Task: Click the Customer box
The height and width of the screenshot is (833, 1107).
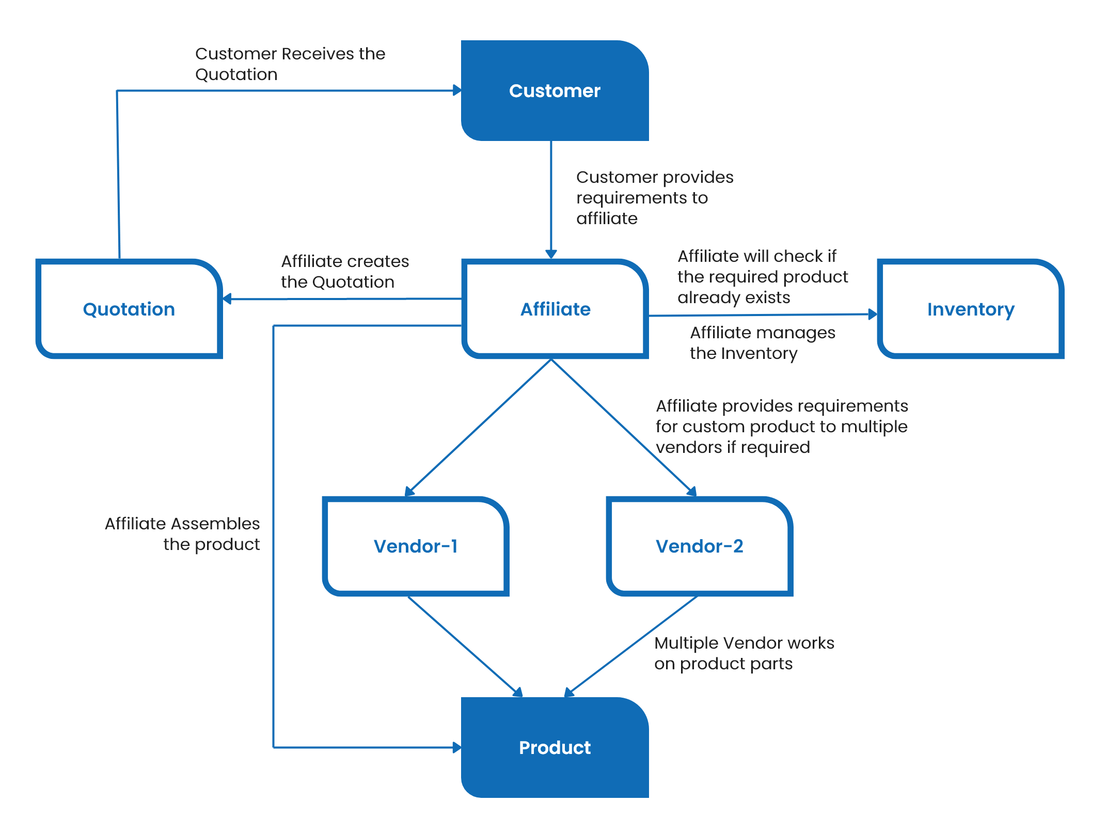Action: (x=555, y=91)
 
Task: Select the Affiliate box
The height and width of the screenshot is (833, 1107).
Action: (x=555, y=309)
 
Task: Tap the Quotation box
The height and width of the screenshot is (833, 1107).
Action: (x=129, y=309)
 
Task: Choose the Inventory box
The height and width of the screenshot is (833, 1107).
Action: (x=970, y=309)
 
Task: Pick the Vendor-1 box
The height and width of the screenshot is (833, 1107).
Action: (x=415, y=546)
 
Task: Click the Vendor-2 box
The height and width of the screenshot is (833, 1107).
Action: (x=699, y=546)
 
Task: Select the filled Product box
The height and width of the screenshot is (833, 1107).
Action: (x=555, y=747)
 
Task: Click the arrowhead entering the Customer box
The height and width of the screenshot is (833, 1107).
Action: (x=457, y=90)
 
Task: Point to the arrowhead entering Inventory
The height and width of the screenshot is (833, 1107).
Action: (x=873, y=314)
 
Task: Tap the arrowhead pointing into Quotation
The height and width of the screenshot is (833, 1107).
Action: (x=227, y=298)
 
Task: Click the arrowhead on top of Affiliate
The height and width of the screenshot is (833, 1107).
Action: (x=551, y=254)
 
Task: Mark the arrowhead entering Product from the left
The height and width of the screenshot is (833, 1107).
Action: (x=456, y=747)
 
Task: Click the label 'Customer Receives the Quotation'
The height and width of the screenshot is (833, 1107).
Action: (x=290, y=64)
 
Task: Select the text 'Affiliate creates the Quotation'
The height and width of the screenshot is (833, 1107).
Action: (x=344, y=272)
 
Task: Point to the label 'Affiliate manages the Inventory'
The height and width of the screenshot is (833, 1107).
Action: (x=762, y=343)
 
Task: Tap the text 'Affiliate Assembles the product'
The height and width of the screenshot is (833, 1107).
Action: (x=183, y=534)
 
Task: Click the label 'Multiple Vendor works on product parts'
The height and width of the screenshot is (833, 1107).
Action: (x=744, y=653)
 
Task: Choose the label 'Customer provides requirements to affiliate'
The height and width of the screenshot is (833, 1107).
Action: (x=654, y=198)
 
